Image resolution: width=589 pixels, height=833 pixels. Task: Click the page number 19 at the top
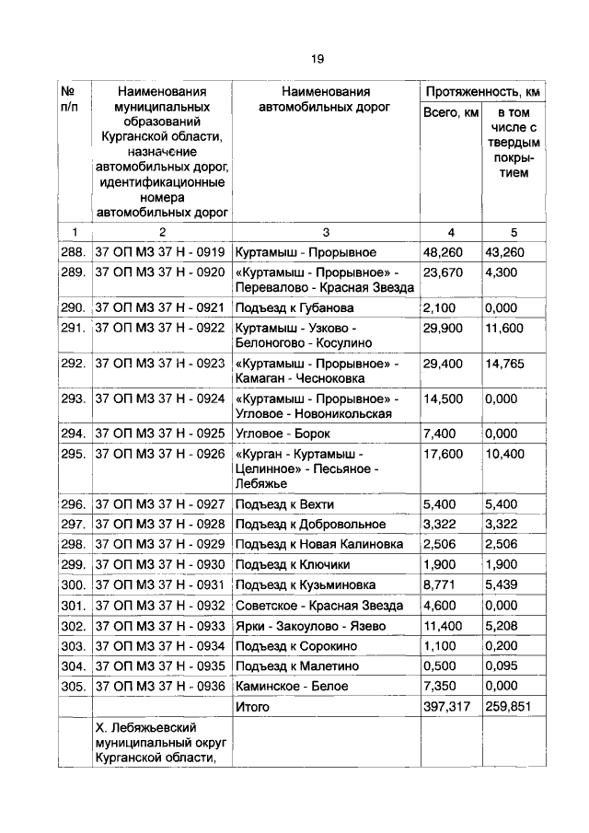tap(317, 59)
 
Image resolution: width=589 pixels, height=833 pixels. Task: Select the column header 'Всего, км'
tap(451, 112)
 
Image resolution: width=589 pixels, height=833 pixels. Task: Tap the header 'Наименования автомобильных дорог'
tap(326, 99)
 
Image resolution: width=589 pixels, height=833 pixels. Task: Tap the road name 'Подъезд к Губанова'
tap(294, 307)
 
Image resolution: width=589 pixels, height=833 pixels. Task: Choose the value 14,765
tap(505, 364)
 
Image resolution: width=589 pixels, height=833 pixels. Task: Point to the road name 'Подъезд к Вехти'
tap(284, 504)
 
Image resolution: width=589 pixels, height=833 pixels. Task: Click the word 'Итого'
tap(252, 707)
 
